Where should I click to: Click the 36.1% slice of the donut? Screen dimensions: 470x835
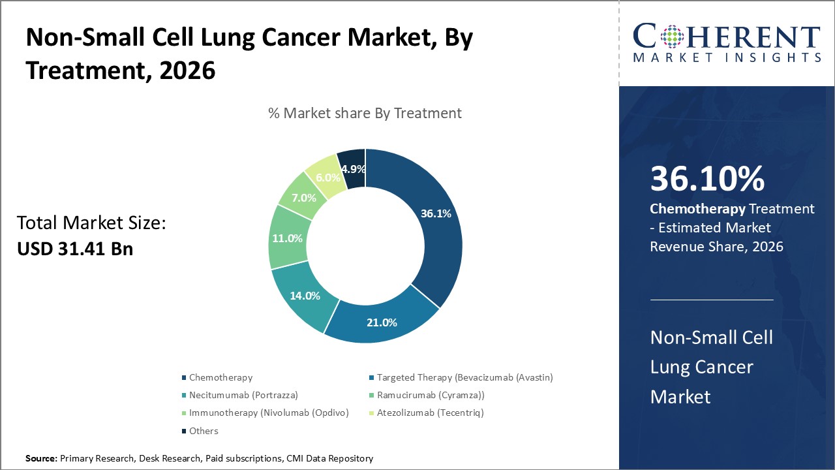[436, 213]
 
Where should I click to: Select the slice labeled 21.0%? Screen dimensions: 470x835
[382, 322]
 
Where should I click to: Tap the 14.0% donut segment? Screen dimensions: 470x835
[305, 295]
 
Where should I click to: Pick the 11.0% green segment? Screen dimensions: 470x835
[287, 238]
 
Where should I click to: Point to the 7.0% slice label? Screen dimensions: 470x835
[304, 197]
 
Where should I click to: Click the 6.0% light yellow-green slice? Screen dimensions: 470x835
[328, 177]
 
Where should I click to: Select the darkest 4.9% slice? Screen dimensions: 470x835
[353, 168]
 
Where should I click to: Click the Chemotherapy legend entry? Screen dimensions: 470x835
[220, 377]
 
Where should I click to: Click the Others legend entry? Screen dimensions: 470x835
[204, 431]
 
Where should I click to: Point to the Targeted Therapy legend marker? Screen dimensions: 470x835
[371, 378]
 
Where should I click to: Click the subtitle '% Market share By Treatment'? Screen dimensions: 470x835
[365, 113]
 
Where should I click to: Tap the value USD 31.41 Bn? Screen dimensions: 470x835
[74, 249]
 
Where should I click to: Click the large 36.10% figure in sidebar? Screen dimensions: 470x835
[707, 180]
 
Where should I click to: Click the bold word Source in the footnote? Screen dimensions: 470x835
[40, 458]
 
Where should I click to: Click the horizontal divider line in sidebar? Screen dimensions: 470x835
[711, 300]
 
